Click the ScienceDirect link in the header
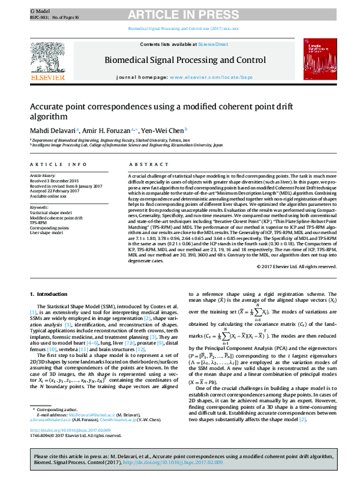pos(211,45)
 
